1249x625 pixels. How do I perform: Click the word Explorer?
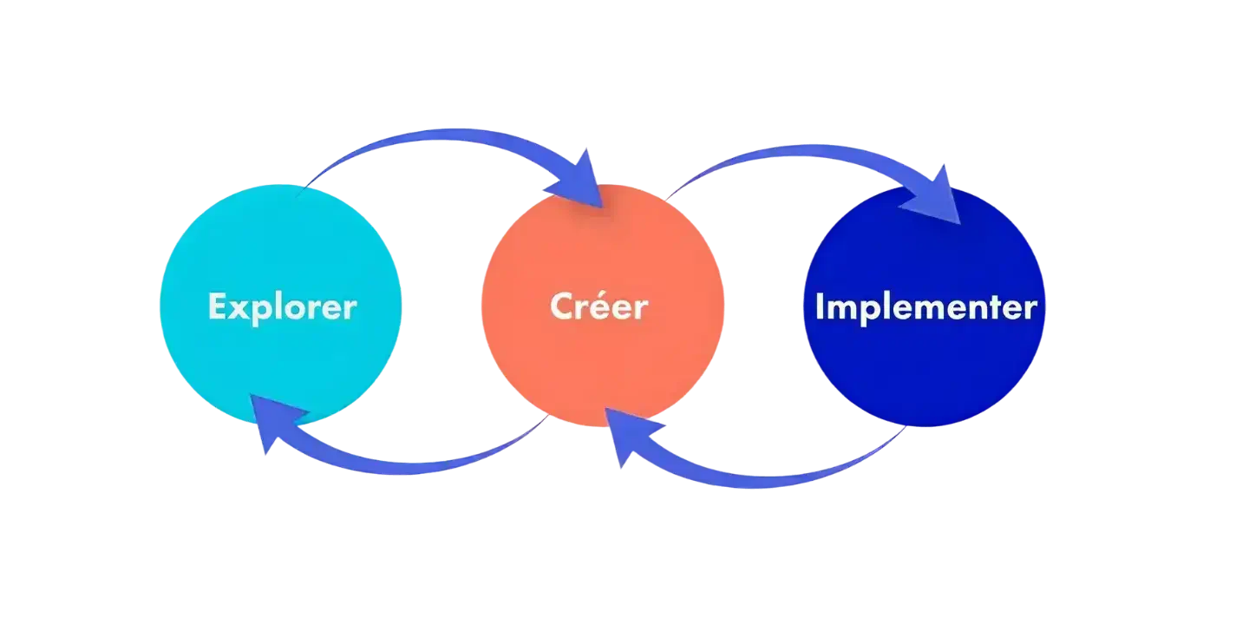point(282,307)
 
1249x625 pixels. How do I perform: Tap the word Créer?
point(598,307)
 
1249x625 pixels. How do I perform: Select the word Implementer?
point(925,307)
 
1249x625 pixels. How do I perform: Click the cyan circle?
point(280,365)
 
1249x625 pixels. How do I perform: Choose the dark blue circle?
point(925,373)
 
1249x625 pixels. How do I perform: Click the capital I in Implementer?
point(821,307)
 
